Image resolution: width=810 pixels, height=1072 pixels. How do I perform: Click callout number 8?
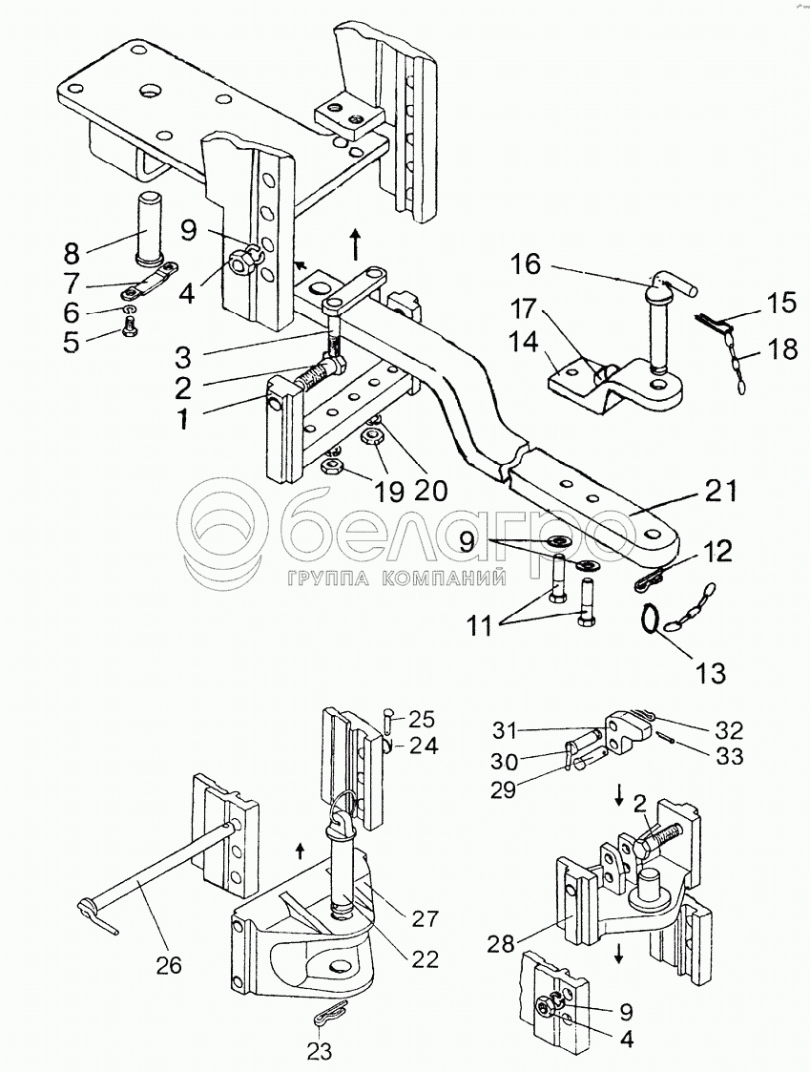pos(72,252)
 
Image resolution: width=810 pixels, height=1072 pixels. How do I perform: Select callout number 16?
pos(526,263)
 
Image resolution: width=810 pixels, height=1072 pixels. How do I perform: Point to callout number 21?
pos(722,491)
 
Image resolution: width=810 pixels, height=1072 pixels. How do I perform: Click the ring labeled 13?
pos(650,620)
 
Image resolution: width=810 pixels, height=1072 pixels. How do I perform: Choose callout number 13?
pos(710,673)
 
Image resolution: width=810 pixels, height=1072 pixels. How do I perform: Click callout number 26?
pos(169,965)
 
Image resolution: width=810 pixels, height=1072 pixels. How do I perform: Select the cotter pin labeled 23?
pos(329,1016)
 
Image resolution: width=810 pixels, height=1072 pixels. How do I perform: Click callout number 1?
pos(182,418)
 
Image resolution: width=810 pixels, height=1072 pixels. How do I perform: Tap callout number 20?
pos(431,491)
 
